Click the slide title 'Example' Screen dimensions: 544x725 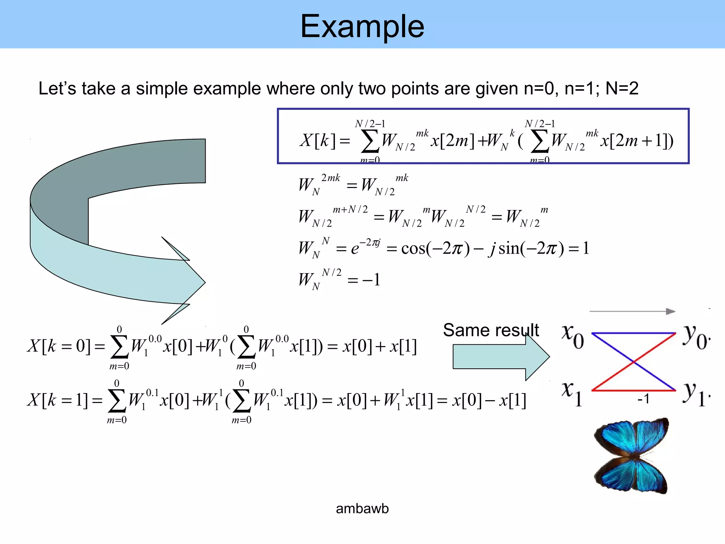[362, 26]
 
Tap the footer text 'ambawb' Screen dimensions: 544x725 [362, 509]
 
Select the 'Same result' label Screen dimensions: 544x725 [491, 330]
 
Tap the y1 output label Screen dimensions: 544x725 [695, 394]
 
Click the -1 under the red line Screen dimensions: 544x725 [643, 399]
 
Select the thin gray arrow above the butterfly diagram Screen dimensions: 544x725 [632, 311]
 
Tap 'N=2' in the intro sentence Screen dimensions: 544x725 [622, 89]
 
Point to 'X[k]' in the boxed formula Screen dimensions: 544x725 [317, 140]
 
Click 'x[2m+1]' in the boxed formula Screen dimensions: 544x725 [634, 141]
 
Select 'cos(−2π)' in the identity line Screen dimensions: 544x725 [435, 248]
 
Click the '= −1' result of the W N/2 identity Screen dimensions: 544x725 [364, 280]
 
